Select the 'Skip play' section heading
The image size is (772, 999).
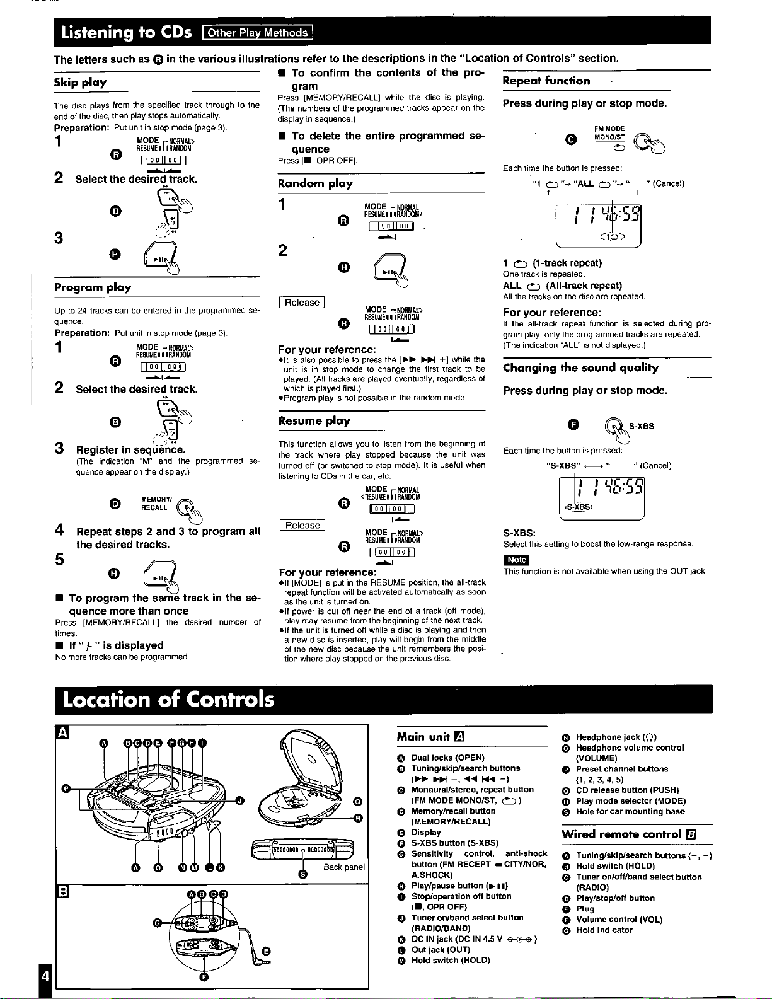click(80, 83)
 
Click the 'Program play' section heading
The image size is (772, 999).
click(93, 287)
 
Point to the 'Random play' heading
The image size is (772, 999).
click(315, 183)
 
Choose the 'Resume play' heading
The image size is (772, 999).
click(314, 421)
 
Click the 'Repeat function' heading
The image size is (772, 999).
click(546, 81)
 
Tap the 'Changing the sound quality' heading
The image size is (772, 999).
click(580, 368)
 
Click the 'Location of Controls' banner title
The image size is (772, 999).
click(168, 700)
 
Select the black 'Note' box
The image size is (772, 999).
click(516, 560)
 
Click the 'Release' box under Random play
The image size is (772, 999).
click(302, 303)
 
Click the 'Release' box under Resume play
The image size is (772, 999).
click(302, 526)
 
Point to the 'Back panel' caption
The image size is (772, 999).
click(344, 867)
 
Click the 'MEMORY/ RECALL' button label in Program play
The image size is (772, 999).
click(154, 503)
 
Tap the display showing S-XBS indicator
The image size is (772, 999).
click(601, 497)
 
